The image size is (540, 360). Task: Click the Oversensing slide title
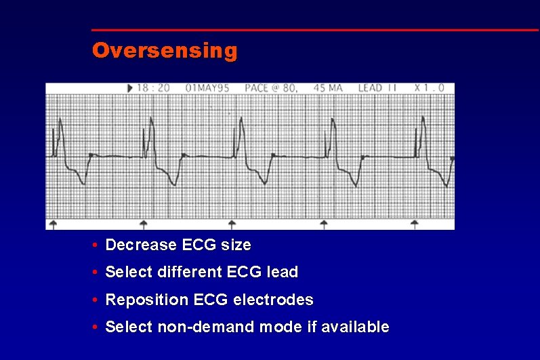[x=165, y=51]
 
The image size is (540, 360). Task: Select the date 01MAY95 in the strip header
[x=207, y=88]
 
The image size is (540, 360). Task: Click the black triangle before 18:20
[x=130, y=88]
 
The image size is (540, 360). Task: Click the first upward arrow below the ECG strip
[x=54, y=224]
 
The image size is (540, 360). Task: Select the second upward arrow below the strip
[x=143, y=224]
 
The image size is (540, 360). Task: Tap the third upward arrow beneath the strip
[x=232, y=224]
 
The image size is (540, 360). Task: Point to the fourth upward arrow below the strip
[x=323, y=224]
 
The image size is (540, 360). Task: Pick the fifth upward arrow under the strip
[x=414, y=224]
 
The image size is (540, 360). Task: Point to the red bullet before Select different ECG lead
[x=98, y=273]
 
